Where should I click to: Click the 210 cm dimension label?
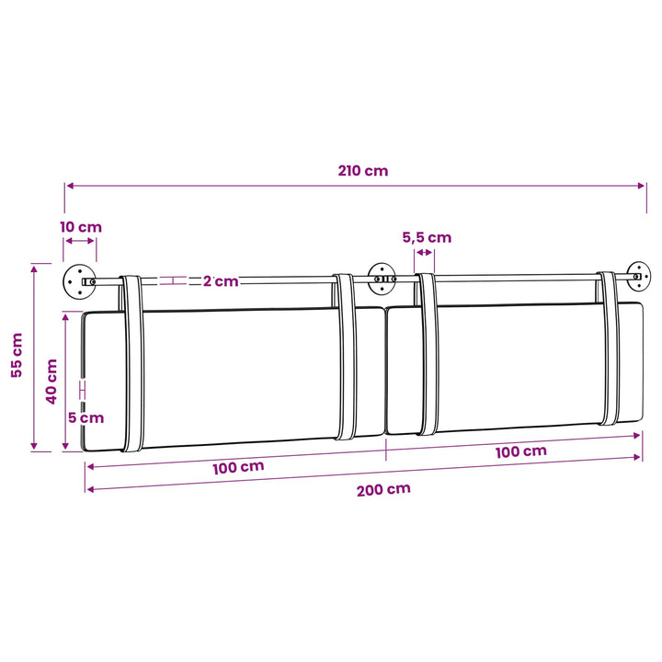coord(362,171)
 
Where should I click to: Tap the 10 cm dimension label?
coord(81,227)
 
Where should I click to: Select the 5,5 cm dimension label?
coord(427,237)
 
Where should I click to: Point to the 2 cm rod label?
coord(221,281)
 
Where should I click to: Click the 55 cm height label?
coord(17,355)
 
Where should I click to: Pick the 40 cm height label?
coord(51,382)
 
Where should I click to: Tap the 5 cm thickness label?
coord(86,418)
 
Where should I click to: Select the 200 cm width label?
coord(383,490)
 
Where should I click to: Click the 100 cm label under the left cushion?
coord(238,467)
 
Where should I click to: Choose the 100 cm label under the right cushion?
coord(521,451)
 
